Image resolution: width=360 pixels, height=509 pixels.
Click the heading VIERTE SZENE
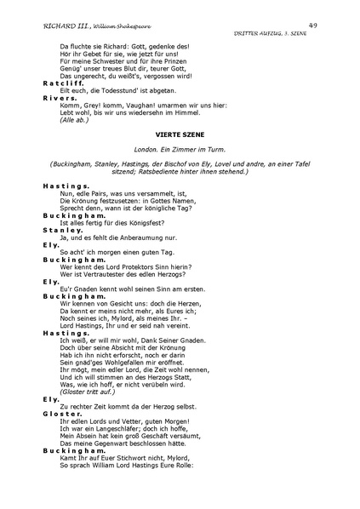click(179, 134)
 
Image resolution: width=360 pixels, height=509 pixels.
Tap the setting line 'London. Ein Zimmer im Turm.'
click(179, 150)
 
